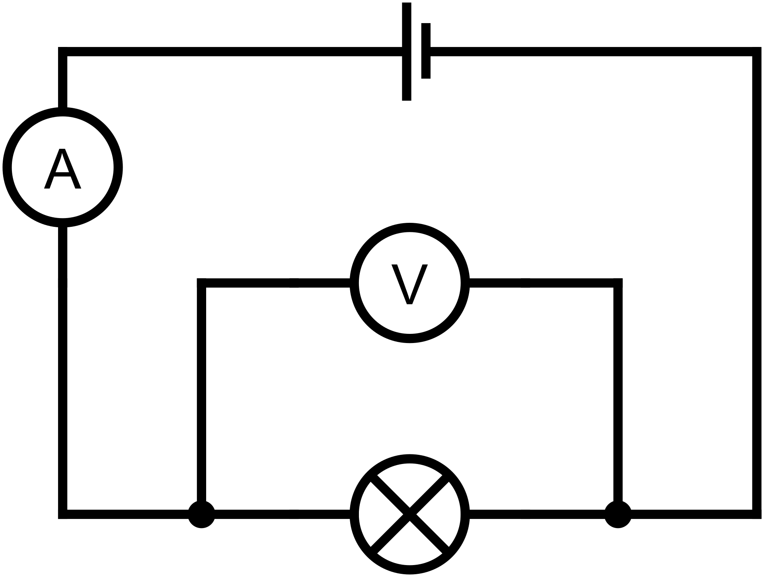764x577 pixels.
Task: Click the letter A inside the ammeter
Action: point(62,169)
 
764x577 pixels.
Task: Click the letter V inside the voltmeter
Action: point(409,284)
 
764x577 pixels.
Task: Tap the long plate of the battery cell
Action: point(406,52)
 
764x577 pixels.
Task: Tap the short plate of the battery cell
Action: point(426,51)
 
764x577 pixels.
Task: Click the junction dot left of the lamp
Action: point(201,514)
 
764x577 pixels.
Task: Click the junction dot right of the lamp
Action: point(618,514)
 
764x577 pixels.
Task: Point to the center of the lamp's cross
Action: point(409,514)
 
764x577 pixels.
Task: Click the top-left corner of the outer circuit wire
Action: point(63,52)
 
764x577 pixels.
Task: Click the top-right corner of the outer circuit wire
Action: point(757,52)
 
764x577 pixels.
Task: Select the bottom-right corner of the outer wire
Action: point(757,514)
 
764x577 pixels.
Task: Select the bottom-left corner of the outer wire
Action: point(63,514)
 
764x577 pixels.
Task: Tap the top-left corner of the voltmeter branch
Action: point(202,283)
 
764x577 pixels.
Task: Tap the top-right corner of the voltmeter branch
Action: point(618,283)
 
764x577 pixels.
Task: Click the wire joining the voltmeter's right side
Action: point(541,283)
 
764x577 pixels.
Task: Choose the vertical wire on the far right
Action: point(757,279)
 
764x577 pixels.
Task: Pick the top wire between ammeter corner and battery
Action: point(231,52)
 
